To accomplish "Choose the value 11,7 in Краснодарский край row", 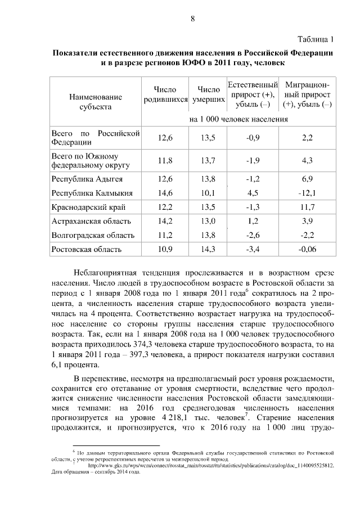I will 307,207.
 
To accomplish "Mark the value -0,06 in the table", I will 307,248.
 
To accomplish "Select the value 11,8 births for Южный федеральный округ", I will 165,160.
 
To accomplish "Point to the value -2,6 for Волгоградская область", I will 253,235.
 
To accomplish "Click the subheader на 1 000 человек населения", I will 238,120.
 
